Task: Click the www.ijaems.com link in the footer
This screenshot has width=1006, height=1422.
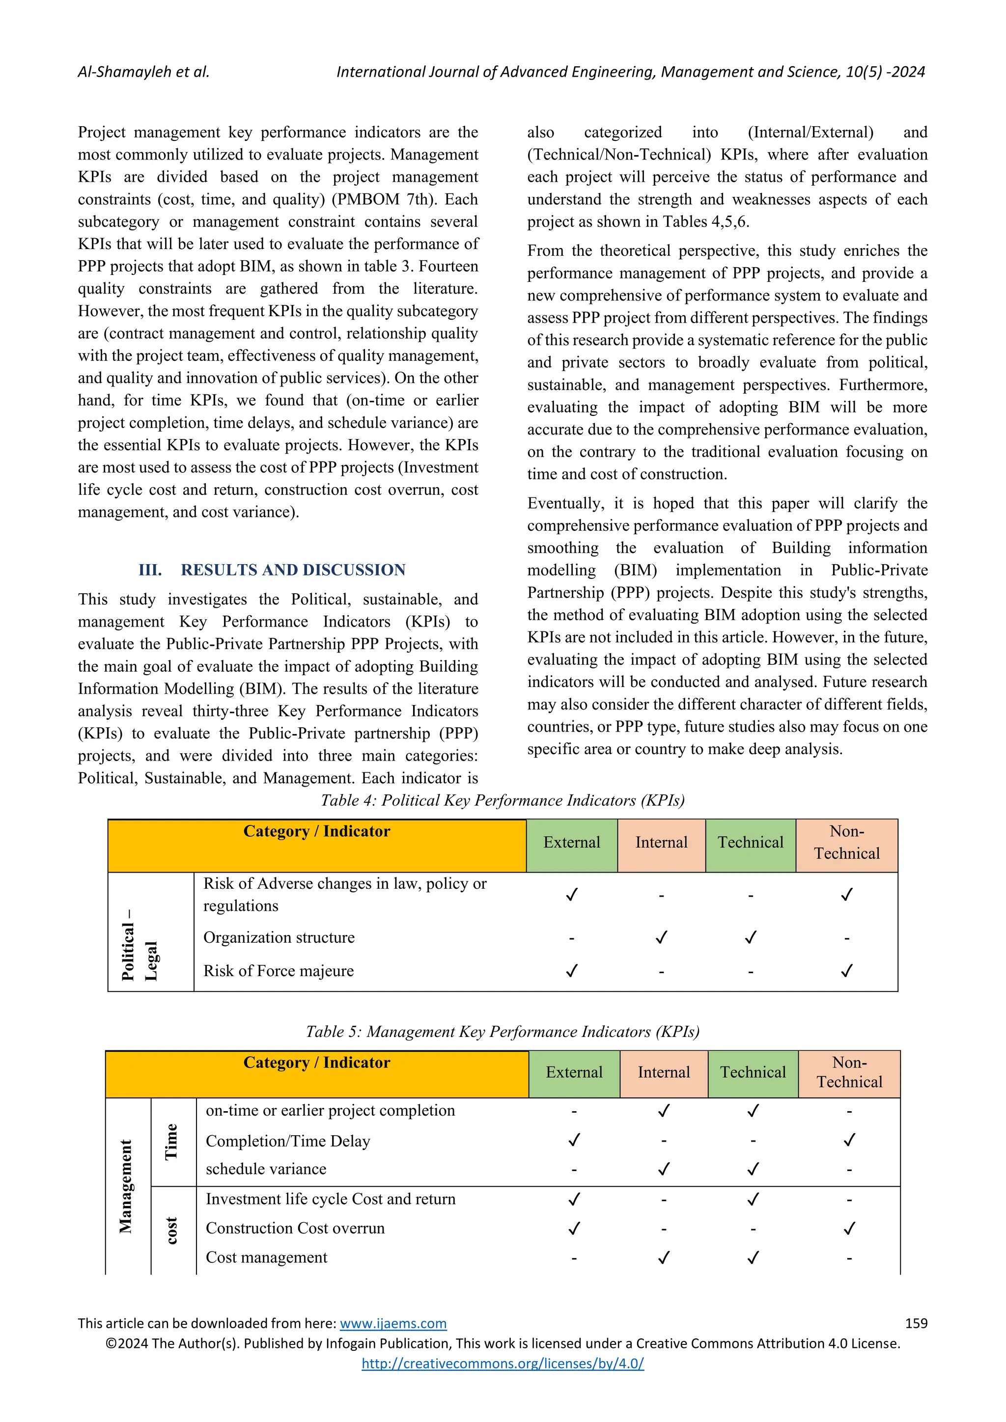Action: [x=393, y=1323]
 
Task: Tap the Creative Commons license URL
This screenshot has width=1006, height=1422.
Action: [x=503, y=1363]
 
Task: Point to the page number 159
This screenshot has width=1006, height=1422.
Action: [x=916, y=1323]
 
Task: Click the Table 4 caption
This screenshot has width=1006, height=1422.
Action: [x=503, y=800]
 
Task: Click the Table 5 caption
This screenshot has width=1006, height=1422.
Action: [x=503, y=1031]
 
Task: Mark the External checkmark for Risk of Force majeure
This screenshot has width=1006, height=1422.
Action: [x=572, y=970]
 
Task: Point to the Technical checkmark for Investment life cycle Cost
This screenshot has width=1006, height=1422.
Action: [x=753, y=1199]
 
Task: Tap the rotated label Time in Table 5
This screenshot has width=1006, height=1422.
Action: [x=171, y=1142]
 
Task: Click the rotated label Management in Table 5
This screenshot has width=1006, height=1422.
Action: [x=126, y=1186]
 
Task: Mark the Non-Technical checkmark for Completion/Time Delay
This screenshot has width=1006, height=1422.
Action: [x=849, y=1140]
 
